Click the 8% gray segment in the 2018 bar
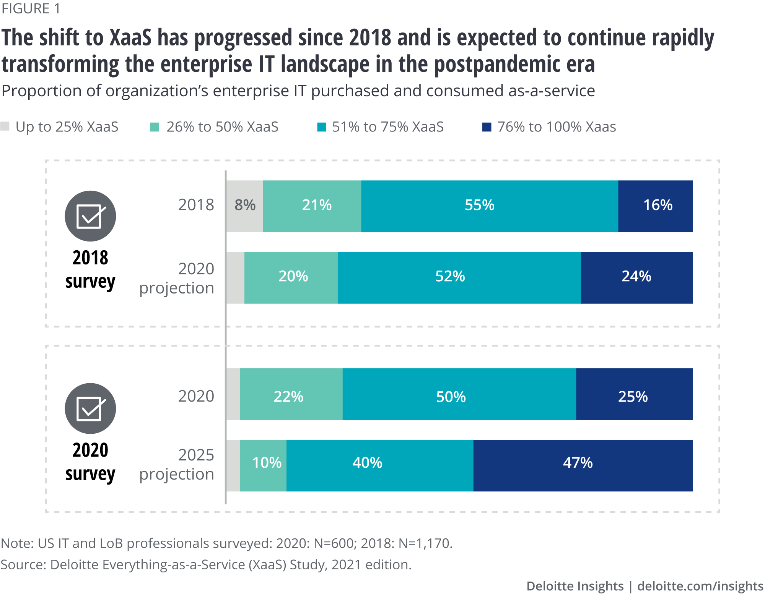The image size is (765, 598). click(245, 206)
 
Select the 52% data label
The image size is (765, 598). click(450, 277)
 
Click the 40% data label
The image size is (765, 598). click(367, 463)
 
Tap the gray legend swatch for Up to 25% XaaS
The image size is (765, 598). click(5, 126)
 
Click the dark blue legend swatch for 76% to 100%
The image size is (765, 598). click(487, 127)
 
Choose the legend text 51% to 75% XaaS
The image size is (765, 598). click(387, 127)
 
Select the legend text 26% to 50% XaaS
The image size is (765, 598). click(222, 127)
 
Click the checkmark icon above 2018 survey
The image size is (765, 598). click(90, 216)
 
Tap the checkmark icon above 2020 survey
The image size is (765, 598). click(90, 408)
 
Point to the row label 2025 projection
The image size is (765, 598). click(177, 465)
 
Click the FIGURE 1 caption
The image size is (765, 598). click(31, 9)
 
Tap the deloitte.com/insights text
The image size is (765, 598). click(700, 586)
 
